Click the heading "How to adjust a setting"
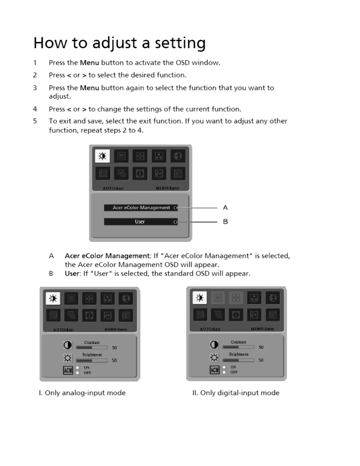[119, 43]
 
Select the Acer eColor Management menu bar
[141, 208]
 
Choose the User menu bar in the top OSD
[141, 222]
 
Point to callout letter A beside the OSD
[225, 208]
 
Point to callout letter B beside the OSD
[225, 222]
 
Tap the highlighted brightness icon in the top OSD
[102, 156]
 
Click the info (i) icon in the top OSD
[140, 174]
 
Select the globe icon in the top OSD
[178, 156]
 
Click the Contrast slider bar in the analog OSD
[92, 347]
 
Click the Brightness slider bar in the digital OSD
[238, 360]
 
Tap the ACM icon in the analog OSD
[68, 370]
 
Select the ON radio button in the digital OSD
[224, 367]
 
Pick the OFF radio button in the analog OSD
[78, 373]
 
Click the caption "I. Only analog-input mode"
[82, 393]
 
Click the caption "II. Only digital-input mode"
[236, 393]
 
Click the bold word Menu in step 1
[89, 63]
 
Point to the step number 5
[35, 121]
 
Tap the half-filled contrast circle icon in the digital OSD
[214, 344]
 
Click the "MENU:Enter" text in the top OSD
[167, 188]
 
